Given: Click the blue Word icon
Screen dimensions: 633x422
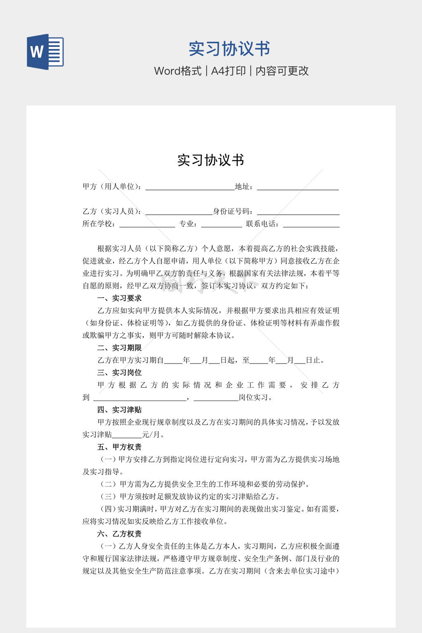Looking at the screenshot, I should point(45,52).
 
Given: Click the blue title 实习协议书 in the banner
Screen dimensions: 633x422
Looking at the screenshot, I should point(229,49).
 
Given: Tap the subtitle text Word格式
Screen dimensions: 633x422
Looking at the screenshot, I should point(178,71).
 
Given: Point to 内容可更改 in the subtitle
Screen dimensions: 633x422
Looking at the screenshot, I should point(282,71).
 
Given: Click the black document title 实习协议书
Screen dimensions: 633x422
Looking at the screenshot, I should point(211,160).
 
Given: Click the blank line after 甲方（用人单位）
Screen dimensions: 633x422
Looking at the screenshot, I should point(190,188).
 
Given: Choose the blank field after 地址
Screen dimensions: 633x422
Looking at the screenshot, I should point(298,188).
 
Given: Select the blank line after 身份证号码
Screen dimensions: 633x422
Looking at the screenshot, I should point(298,212).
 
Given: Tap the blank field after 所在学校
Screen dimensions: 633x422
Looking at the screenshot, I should point(147,225).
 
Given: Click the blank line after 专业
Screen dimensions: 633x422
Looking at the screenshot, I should point(221,225).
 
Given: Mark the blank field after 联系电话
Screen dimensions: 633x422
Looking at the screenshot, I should point(311,225).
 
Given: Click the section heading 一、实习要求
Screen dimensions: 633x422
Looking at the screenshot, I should point(120,298).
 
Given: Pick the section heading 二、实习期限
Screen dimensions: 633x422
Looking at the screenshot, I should point(120,348).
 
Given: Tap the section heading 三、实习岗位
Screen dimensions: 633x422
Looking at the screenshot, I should point(120,373).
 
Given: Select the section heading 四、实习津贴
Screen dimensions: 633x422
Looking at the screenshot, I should point(120,410).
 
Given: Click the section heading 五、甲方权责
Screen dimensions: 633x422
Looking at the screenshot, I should point(120,447).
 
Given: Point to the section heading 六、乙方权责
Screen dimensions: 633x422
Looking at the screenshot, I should point(120,534).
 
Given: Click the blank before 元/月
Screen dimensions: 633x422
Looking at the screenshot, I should point(127,435).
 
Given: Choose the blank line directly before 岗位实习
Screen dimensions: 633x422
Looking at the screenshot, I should point(216,398).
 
